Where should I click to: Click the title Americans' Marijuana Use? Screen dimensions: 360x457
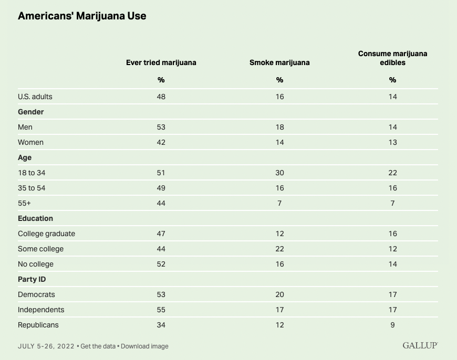click(x=82, y=16)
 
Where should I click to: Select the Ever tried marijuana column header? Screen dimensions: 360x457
click(x=161, y=62)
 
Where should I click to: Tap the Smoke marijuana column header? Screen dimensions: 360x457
click(x=279, y=62)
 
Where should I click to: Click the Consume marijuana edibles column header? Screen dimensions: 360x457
click(x=392, y=58)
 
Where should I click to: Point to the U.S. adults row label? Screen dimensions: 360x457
click(x=35, y=97)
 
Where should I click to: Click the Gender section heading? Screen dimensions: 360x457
click(x=31, y=112)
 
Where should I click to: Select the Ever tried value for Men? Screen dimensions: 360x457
click(x=161, y=127)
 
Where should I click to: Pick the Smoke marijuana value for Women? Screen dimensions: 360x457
click(x=279, y=142)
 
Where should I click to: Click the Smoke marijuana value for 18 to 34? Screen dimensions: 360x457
click(x=279, y=173)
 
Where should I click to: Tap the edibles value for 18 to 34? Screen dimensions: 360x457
click(x=392, y=173)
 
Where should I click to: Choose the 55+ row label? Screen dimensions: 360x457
click(x=25, y=203)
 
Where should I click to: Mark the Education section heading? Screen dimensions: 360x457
click(x=35, y=218)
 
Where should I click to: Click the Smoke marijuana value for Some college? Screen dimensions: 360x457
click(x=279, y=249)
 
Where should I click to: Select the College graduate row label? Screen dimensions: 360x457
click(x=46, y=234)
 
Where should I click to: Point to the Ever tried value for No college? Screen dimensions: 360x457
click(x=161, y=264)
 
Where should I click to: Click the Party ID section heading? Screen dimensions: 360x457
click(x=32, y=279)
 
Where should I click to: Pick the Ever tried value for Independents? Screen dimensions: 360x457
click(x=161, y=310)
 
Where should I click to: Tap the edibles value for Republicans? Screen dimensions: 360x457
click(x=392, y=325)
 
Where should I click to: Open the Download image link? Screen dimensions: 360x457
click(x=145, y=346)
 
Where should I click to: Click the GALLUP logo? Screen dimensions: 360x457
click(x=420, y=346)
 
